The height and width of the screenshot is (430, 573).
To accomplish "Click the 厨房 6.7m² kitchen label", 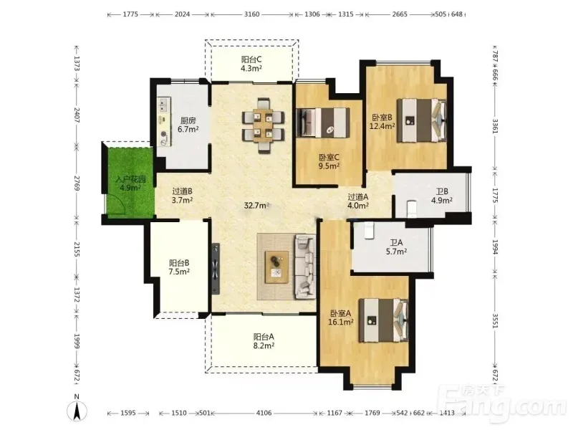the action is coord(188,125).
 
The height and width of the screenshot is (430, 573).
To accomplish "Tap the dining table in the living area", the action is coord(263,125).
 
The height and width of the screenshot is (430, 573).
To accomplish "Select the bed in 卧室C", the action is coord(323,123).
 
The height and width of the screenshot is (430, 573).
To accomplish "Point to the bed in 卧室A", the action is coord(383,320).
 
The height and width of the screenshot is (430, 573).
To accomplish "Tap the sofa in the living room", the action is coord(306,267).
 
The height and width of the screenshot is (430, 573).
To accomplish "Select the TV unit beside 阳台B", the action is coord(216,269).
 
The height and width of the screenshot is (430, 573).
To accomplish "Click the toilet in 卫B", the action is coord(412,209).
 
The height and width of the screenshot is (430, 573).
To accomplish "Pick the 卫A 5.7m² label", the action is coord(397,247).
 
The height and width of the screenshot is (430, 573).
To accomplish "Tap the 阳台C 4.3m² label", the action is coord(251,64).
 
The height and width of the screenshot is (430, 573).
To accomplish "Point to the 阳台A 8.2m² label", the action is coord(264,341).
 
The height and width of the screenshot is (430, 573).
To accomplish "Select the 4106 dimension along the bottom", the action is coord(264,413).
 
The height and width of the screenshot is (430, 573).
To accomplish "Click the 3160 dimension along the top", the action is coord(252,14).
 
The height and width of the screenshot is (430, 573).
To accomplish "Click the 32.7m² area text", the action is coord(256,206).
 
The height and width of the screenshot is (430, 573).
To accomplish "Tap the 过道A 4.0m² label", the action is coord(357,201).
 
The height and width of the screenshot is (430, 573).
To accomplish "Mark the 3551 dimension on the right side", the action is coord(495,320).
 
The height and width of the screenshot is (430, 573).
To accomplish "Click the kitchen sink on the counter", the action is coord(164,104).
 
